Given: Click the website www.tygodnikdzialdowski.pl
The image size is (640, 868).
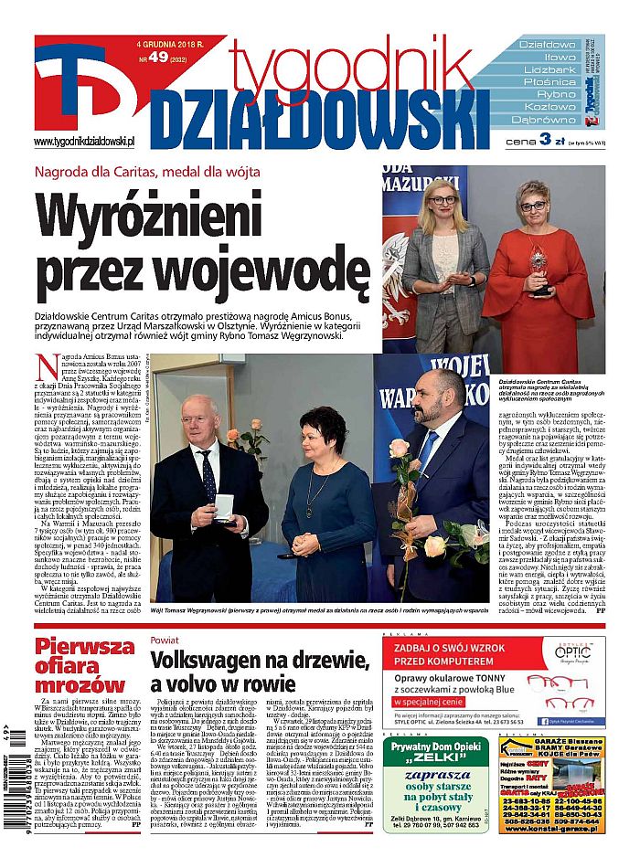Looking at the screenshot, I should (x=84, y=142).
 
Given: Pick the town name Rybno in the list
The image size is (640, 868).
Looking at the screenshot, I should (x=556, y=94).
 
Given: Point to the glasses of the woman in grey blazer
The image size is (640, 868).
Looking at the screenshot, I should (x=443, y=199).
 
